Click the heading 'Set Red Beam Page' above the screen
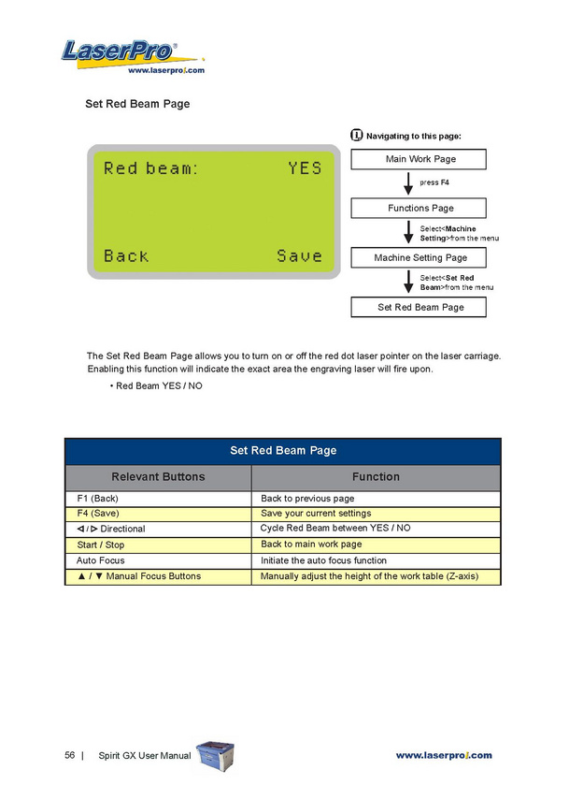click(x=137, y=104)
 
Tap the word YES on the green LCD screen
click(x=305, y=168)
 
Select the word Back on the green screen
click(x=126, y=255)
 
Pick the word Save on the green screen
click(x=299, y=255)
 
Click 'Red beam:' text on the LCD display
click(x=150, y=168)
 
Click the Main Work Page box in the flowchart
click(x=420, y=160)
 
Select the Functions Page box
click(x=420, y=208)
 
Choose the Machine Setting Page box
click(x=420, y=257)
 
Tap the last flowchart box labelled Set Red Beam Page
click(x=420, y=307)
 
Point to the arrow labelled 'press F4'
click(x=408, y=183)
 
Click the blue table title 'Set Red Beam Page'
click(x=283, y=451)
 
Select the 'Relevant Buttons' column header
click(x=158, y=476)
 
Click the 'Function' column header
click(x=376, y=476)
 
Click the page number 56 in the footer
click(x=70, y=755)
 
